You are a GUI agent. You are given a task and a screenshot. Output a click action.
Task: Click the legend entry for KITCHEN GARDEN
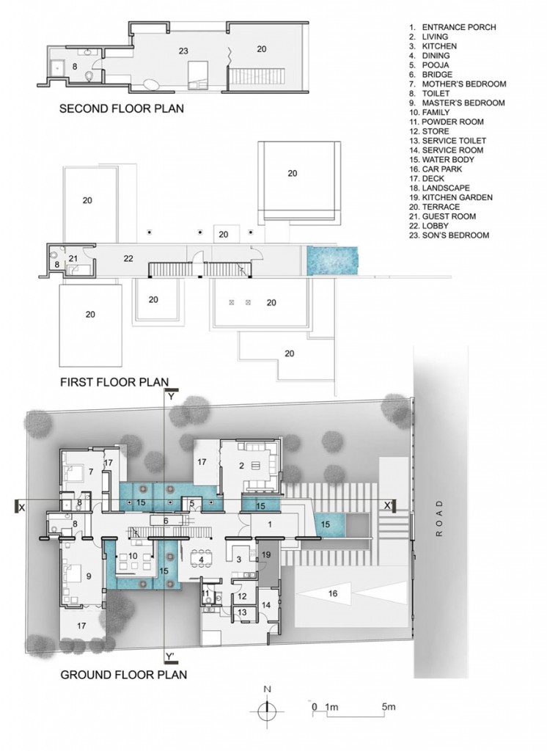click(451, 197)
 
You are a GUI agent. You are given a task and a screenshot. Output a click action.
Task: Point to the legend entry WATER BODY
click(446, 159)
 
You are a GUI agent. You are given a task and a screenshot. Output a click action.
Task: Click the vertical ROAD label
click(440, 519)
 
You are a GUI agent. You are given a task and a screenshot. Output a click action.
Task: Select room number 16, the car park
click(332, 594)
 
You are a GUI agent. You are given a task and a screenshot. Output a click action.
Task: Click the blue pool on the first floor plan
click(332, 258)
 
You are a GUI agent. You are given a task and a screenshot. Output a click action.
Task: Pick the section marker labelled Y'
click(170, 655)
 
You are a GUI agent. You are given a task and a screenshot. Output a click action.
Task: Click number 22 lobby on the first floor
click(128, 258)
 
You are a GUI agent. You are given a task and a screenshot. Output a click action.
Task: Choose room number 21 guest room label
click(73, 258)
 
